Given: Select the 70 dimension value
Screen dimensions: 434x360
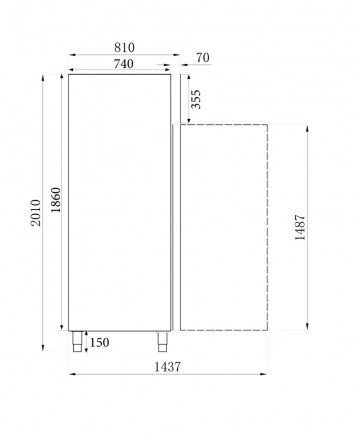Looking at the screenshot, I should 202,59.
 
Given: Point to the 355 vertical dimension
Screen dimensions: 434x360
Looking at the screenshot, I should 194,100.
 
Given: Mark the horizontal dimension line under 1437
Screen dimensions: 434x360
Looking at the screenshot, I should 169,377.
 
